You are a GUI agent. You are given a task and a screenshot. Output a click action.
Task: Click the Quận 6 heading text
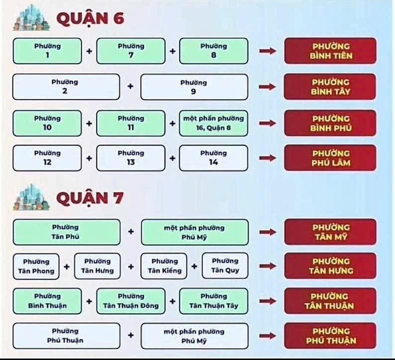[91, 18]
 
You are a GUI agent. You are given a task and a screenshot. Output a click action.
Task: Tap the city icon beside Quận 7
[31, 197]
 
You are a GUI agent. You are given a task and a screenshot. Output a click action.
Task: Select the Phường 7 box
[131, 51]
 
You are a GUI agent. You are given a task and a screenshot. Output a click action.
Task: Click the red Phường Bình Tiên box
[330, 51]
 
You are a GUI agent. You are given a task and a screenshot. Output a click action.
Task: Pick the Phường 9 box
[194, 87]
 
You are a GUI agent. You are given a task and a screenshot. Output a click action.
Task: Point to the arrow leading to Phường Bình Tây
[268, 87]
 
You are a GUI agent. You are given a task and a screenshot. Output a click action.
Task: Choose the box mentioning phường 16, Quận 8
[213, 123]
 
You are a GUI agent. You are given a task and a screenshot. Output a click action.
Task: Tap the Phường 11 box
[131, 123]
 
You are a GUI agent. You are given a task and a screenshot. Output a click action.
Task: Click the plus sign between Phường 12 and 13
[89, 158]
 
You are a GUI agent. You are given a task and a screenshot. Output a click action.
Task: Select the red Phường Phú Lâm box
[330, 158]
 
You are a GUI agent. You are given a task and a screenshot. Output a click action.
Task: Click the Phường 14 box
[213, 158]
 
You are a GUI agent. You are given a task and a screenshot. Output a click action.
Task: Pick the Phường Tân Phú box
[67, 232]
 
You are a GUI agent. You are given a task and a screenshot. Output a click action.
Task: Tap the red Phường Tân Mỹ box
[330, 232]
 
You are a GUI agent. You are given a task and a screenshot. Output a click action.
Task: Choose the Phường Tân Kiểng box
[164, 266]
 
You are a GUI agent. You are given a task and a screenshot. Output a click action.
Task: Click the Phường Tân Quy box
[225, 266]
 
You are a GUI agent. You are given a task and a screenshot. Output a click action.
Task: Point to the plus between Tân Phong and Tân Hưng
[67, 266]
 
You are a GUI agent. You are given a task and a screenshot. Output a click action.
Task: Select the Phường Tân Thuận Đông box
[131, 301]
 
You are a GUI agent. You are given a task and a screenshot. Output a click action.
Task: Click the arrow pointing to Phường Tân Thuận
[268, 301]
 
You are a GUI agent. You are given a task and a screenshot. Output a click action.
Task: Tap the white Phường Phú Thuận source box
[67, 336]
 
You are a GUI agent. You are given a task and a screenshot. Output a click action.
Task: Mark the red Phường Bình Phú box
[330, 123]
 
